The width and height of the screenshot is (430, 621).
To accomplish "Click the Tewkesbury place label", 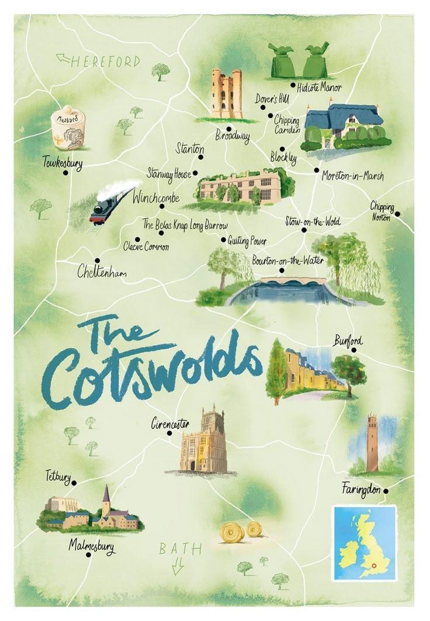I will coord(62,163).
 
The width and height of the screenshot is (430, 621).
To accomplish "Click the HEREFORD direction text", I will coord(105,61).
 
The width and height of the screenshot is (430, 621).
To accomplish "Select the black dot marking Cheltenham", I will coord(97,261).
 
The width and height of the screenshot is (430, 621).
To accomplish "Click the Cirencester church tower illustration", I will coord(204,440).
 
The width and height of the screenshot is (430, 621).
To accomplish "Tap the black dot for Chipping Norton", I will coord(397,214).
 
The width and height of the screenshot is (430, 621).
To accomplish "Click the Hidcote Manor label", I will coord(319,88).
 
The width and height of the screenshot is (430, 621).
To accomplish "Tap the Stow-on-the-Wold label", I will coord(313,221).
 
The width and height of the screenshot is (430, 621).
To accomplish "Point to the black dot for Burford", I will coord(353,350).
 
